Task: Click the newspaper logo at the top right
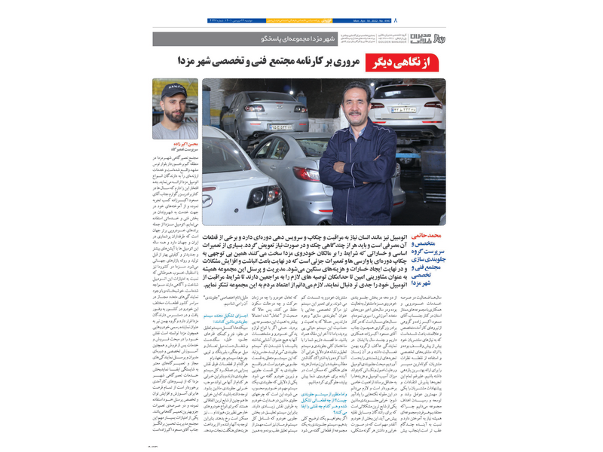pos(433,37)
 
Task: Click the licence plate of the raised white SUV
pos(404,109)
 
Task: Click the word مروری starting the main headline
pos(344,64)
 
